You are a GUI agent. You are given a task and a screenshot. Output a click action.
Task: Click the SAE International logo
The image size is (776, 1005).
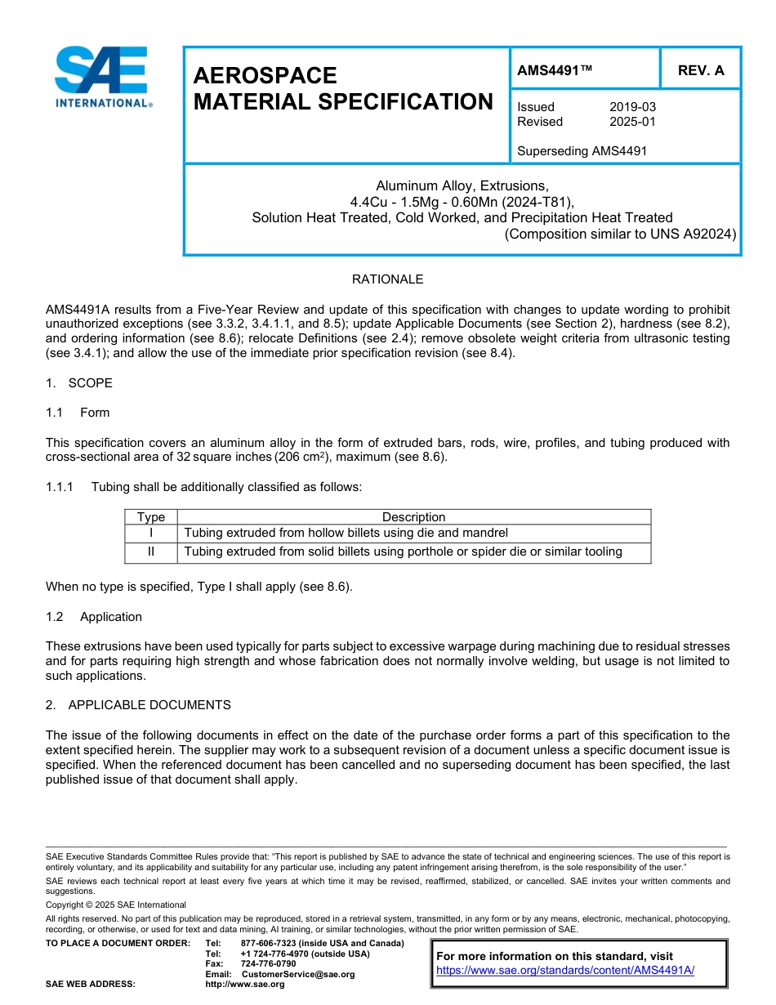pos(102,77)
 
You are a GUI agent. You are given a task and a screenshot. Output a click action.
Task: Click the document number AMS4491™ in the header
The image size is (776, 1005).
pos(555,70)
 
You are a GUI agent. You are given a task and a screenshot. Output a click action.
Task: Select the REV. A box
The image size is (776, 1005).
pos(700,70)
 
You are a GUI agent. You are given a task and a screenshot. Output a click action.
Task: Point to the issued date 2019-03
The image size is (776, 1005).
pos(632,107)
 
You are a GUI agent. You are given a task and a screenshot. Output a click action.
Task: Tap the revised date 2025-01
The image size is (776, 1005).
pos(632,122)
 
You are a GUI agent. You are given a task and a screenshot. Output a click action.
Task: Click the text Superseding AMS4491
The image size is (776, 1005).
pos(582,150)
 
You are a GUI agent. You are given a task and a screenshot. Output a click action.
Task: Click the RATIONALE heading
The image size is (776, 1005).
pos(387,279)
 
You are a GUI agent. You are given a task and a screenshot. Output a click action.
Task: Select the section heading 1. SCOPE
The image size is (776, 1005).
pos(79,383)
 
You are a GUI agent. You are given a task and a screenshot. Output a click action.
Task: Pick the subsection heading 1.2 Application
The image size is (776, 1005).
pos(94,617)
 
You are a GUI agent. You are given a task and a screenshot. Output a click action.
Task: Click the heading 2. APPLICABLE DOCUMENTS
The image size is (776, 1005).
pos(138,705)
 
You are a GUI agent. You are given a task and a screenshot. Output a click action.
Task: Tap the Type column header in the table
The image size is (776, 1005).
pos(151,517)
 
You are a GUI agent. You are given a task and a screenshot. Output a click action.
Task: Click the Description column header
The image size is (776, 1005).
pos(413,517)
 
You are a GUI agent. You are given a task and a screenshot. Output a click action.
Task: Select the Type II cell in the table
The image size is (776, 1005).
pos(151,552)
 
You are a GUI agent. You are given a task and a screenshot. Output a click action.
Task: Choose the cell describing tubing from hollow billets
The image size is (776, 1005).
pos(346,533)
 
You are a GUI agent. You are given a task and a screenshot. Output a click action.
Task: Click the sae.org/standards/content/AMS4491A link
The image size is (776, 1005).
pos(565,970)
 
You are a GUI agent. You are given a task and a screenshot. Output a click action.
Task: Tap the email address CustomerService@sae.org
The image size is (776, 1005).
pos(298,974)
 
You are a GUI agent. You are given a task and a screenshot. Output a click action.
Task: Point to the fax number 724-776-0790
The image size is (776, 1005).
pos(269,964)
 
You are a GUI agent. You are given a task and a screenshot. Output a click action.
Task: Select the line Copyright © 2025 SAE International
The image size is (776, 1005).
pos(116,904)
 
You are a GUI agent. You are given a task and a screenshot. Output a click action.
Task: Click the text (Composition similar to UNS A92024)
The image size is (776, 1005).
pos(620,234)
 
